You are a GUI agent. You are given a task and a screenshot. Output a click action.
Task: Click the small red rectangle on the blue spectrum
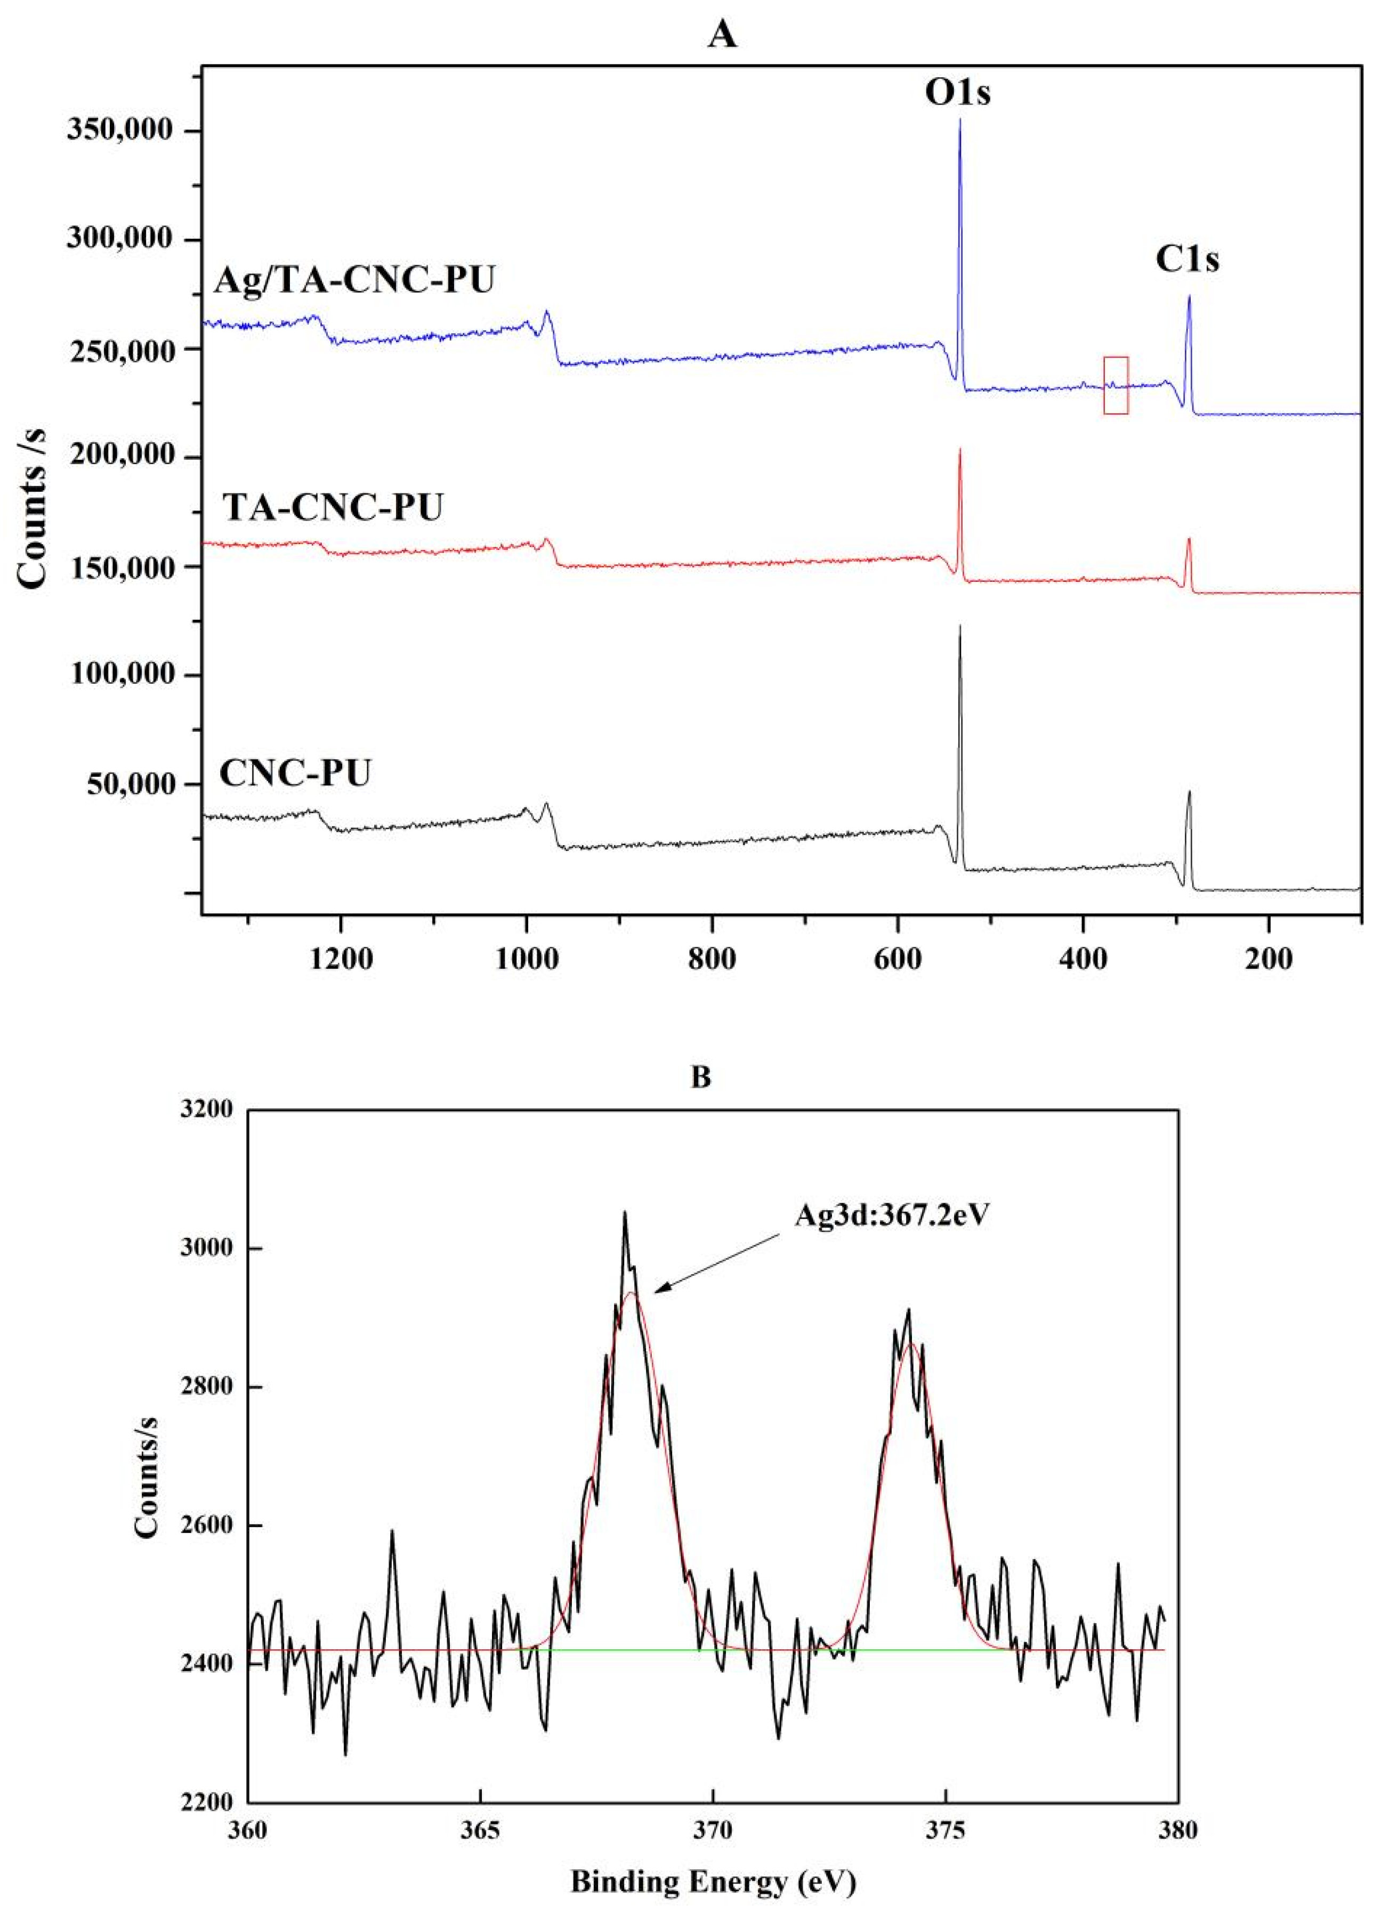tap(1115, 385)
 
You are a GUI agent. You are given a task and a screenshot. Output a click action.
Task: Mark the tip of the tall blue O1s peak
tap(959, 120)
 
